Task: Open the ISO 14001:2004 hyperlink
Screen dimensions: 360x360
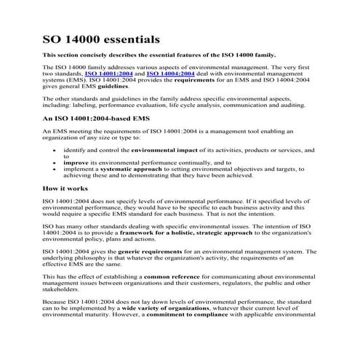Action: click(109, 73)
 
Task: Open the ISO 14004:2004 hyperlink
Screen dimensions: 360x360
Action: click(170, 73)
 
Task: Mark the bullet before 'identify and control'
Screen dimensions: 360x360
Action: click(55, 148)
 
